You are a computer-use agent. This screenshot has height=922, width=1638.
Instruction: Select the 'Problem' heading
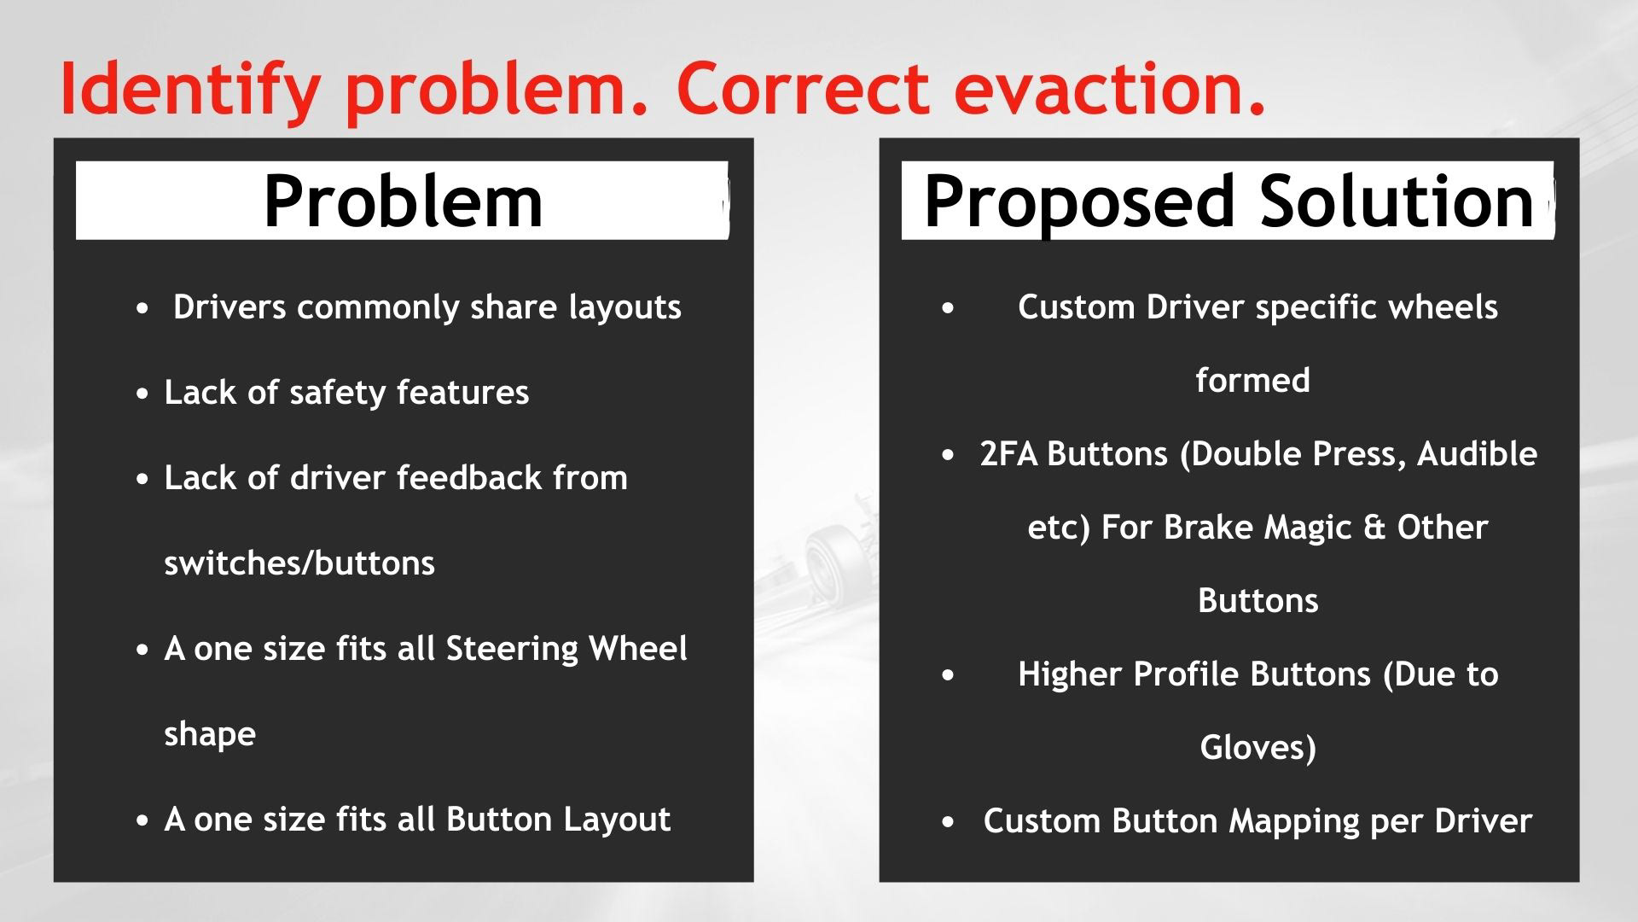(403, 201)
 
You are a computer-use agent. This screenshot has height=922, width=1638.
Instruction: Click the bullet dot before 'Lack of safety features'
(142, 394)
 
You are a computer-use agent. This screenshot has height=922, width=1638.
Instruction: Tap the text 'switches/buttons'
(299, 563)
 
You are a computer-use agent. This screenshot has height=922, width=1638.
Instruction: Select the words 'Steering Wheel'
(566, 649)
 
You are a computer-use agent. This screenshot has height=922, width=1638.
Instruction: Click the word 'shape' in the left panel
(210, 734)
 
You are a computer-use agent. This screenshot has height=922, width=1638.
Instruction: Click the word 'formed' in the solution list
(1252, 380)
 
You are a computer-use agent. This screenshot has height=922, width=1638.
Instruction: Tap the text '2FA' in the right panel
(1008, 453)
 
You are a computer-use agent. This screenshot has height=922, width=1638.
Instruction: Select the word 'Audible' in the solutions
(1477, 453)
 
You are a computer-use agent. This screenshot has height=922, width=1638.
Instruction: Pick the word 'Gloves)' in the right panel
(1258, 748)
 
